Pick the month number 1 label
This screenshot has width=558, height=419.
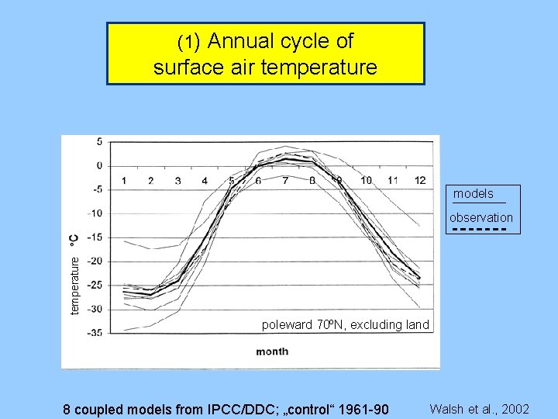click(x=124, y=181)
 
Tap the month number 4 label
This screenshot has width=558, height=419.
click(x=205, y=181)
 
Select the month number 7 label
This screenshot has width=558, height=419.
click(x=285, y=181)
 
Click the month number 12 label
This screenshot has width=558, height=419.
click(x=420, y=181)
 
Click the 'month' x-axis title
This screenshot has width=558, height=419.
click(x=272, y=351)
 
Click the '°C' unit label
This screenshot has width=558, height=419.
click(x=74, y=240)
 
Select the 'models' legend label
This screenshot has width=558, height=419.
click(x=473, y=194)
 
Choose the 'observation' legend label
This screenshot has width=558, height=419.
click(x=480, y=218)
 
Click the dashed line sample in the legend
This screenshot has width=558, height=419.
click(x=479, y=230)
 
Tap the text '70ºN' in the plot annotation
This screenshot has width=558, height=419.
click(x=332, y=325)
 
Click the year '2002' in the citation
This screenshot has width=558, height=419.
click(x=515, y=409)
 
